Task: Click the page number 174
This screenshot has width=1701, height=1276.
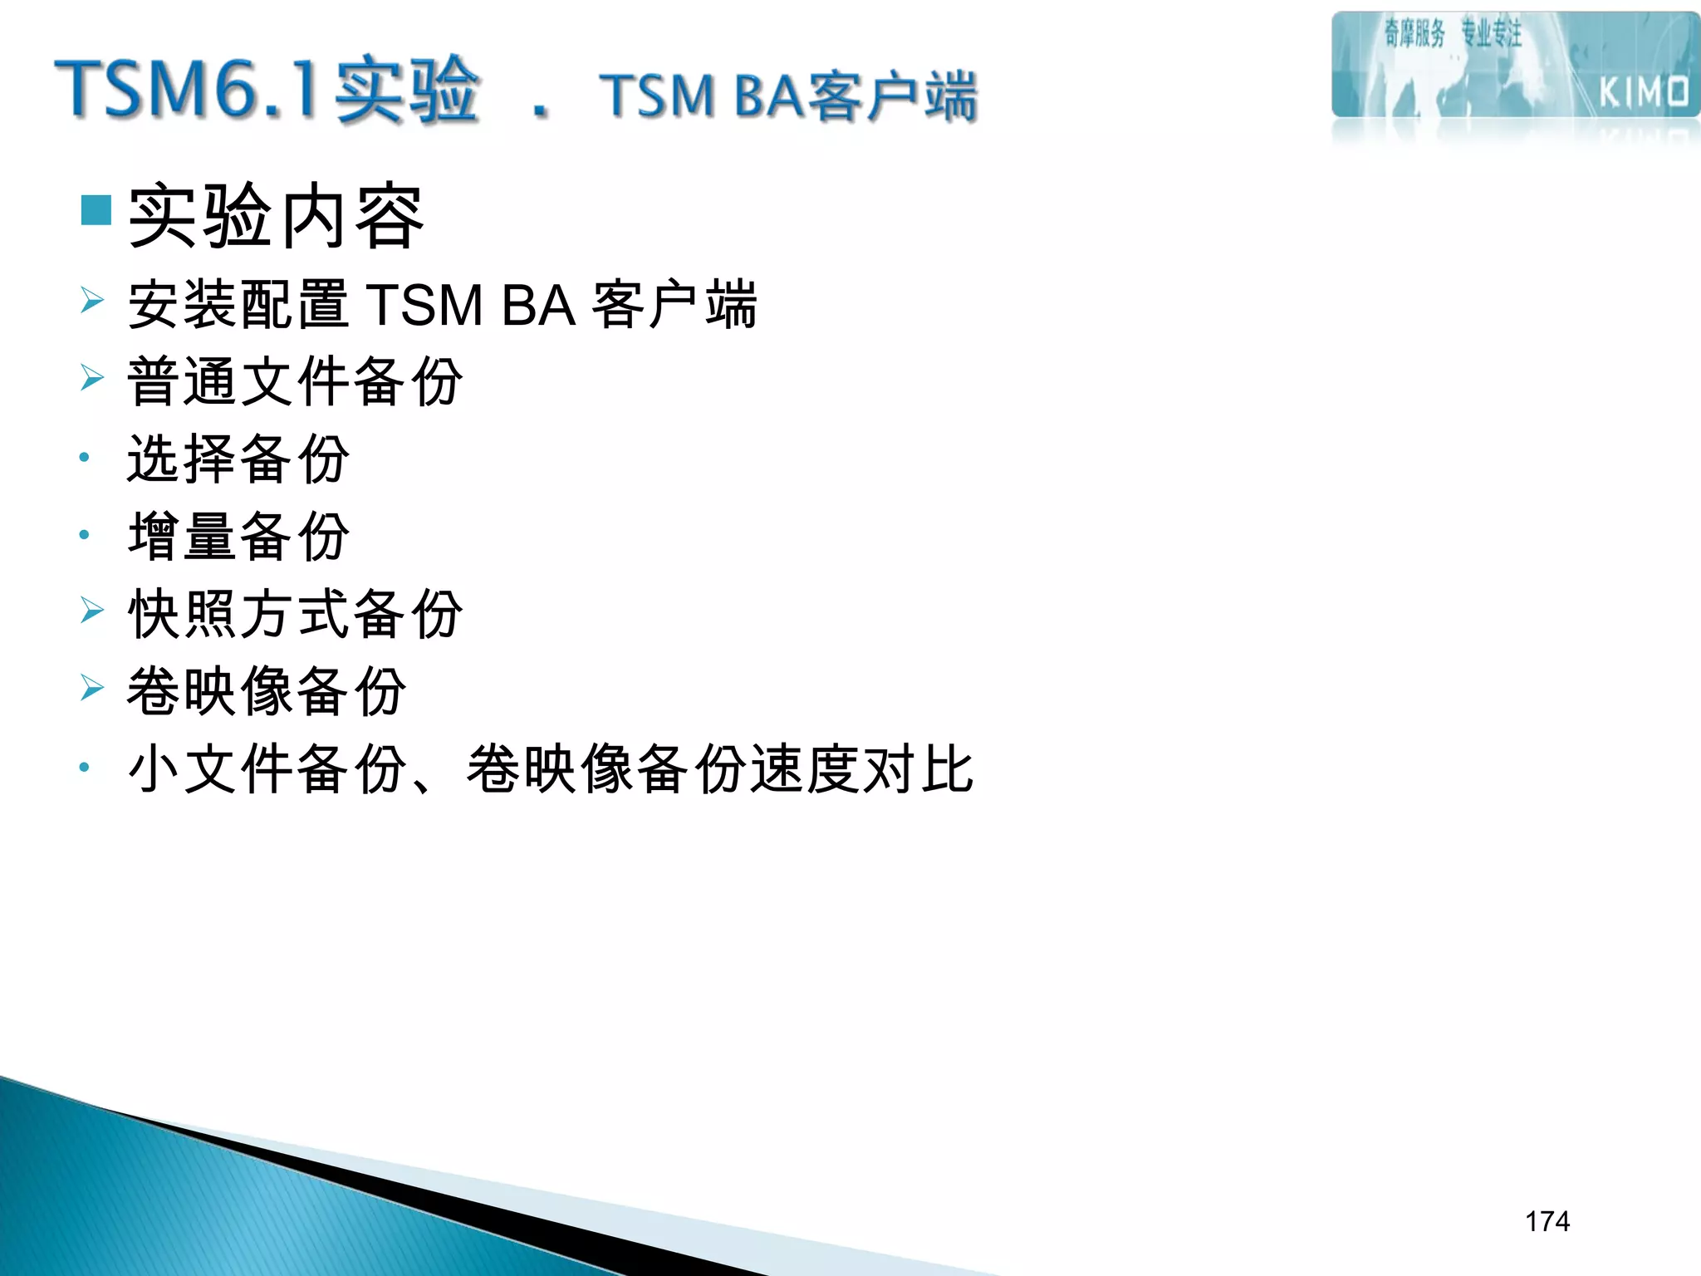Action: pyautogui.click(x=1547, y=1221)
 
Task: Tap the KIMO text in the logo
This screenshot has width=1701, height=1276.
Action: pyautogui.click(x=1644, y=92)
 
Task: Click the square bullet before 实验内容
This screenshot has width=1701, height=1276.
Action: pyautogui.click(x=96, y=210)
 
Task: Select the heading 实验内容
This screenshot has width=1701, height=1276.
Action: pyautogui.click(x=277, y=217)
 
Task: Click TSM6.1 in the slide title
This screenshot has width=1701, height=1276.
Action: pyautogui.click(x=186, y=89)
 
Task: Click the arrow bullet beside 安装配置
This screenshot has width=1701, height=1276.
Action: pyautogui.click(x=92, y=300)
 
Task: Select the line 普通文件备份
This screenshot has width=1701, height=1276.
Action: pyautogui.click(x=295, y=381)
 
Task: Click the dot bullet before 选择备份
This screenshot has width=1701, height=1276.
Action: pyautogui.click(x=84, y=457)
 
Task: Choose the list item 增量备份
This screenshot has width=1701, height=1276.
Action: pyautogui.click(x=239, y=536)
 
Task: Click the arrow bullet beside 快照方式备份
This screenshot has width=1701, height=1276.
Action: pyautogui.click(x=92, y=611)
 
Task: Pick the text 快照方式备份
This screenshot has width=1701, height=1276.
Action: pyautogui.click(x=295, y=614)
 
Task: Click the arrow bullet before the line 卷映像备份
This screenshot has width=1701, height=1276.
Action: pyautogui.click(x=92, y=688)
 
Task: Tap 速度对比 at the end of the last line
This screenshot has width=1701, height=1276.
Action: pyautogui.click(x=861, y=768)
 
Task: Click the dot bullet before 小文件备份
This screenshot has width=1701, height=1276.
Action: pyautogui.click(x=84, y=768)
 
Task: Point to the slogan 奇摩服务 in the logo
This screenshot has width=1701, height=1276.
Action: pyautogui.click(x=1414, y=34)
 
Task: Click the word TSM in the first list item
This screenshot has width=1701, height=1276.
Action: pyautogui.click(x=424, y=305)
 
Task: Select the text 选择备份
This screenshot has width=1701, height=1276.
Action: pyautogui.click(x=239, y=459)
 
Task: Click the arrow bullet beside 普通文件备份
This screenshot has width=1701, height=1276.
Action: pyautogui.click(x=92, y=378)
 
